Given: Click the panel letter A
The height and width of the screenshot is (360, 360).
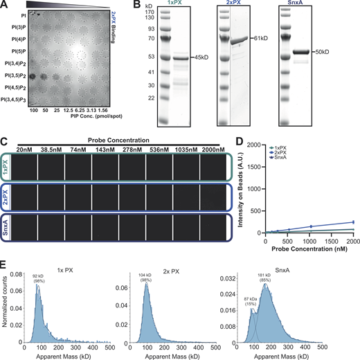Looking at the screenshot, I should point(5,5).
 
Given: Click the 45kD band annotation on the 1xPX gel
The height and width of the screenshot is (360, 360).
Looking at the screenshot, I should point(203,59).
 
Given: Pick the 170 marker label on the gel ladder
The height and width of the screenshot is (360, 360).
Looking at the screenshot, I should point(158,14).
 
